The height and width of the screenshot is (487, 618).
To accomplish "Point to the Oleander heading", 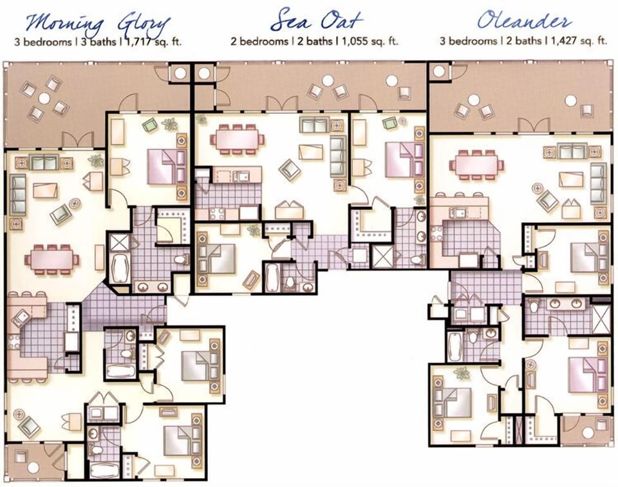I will coord(523,21).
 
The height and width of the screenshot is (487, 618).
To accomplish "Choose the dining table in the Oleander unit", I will coord(476,164).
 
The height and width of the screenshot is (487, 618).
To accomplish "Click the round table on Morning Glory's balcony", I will coord(44,98).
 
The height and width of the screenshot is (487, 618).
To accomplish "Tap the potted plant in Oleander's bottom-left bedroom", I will coord(461,372).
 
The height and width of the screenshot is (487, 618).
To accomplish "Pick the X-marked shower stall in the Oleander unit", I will coord(600,320).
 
